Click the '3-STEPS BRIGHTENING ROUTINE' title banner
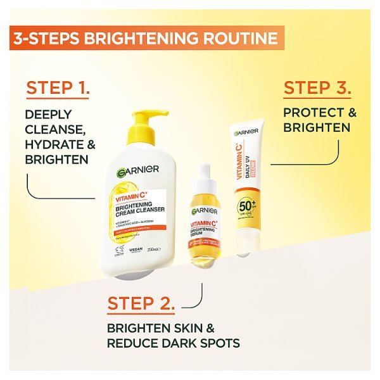point(144,38)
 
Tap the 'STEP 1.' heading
point(58,89)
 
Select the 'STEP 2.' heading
point(141,303)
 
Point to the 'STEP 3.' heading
point(317,88)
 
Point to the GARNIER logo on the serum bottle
point(204,210)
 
